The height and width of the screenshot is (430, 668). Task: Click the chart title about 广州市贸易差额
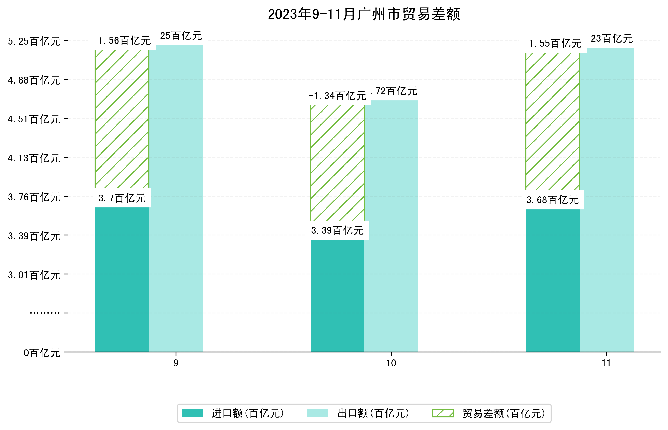(x=364, y=14)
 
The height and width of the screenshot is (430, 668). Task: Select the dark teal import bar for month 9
(x=122, y=279)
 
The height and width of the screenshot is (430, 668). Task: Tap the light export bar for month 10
(x=391, y=226)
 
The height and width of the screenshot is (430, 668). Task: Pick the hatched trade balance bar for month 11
(x=552, y=121)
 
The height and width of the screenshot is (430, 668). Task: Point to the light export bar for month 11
(x=607, y=200)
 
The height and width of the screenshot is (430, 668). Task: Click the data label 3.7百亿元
(x=122, y=198)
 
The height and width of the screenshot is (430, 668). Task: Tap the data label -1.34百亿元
(x=337, y=96)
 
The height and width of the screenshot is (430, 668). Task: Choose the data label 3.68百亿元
(x=552, y=200)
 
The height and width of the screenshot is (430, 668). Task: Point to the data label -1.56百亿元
(x=122, y=41)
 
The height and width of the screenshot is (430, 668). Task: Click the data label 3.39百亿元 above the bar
(x=337, y=230)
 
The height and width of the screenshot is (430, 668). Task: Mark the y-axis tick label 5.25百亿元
(x=34, y=41)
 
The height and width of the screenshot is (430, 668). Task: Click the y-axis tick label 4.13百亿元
(x=34, y=158)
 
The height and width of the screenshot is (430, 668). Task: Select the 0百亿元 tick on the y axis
(x=42, y=353)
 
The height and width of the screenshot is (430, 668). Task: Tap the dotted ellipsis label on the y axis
(x=45, y=313)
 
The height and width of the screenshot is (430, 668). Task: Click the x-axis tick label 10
(x=391, y=363)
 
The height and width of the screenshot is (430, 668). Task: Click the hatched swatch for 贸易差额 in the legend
(x=443, y=413)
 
